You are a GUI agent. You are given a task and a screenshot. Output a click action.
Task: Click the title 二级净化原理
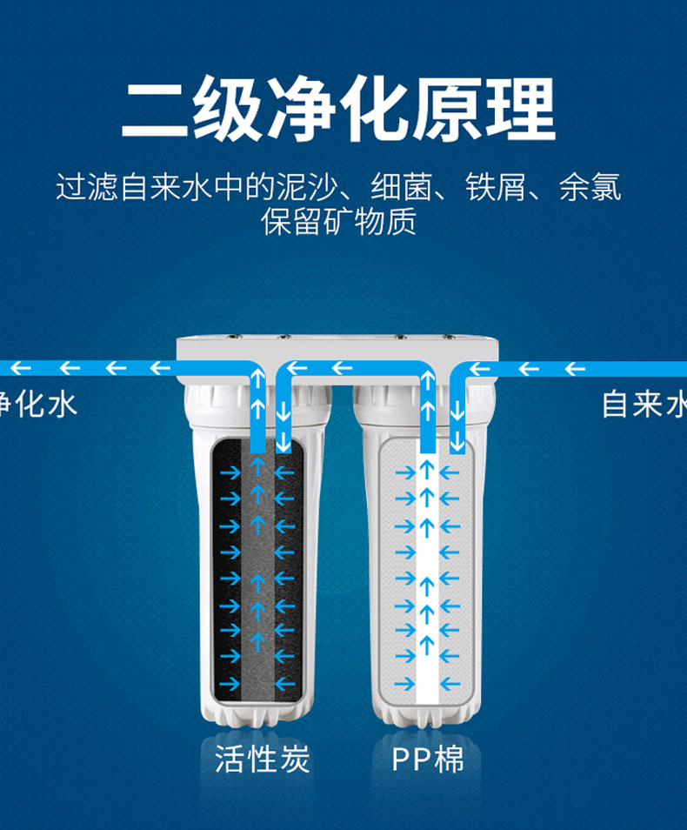[339, 109]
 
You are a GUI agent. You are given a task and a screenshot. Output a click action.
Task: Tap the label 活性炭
[262, 759]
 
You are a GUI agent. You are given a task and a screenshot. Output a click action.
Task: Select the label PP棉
[428, 759]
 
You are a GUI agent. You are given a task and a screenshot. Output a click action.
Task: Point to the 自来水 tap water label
[644, 404]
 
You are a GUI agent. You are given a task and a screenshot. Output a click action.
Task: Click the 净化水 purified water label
[38, 404]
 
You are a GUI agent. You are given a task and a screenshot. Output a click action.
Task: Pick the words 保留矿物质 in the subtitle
[339, 221]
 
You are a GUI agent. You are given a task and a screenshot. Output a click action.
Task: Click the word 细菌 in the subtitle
[401, 187]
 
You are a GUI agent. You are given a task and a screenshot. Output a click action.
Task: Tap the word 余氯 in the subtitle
[590, 187]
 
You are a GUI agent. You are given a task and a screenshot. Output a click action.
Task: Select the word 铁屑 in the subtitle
[496, 187]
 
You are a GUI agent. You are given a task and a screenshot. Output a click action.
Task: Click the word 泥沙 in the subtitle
[308, 187]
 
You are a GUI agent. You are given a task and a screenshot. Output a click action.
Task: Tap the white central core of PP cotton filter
[427, 577]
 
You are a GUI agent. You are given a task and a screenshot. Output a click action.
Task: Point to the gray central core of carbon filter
[257, 577]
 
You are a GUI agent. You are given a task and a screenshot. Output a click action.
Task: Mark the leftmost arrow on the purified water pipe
[21, 368]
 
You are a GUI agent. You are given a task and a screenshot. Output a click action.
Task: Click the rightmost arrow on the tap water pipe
[574, 369]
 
